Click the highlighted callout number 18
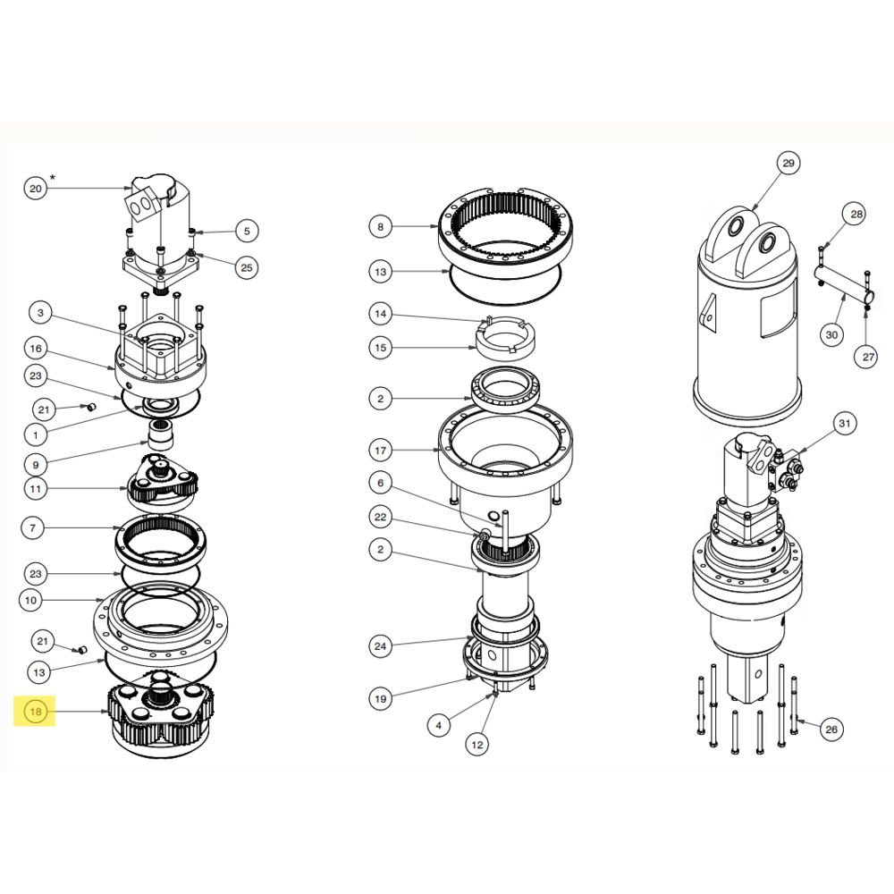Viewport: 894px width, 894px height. point(35,712)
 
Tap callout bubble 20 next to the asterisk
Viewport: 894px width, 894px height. point(35,189)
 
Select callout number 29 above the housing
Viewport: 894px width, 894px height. point(788,164)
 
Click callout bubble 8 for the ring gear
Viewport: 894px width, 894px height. point(380,227)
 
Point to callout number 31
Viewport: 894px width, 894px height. point(845,422)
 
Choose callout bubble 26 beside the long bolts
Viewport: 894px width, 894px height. point(831,730)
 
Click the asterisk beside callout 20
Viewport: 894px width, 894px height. point(53,178)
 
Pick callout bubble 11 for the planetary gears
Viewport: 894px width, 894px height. point(35,488)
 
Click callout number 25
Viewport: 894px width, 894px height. point(246,266)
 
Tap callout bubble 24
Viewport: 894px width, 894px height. point(380,645)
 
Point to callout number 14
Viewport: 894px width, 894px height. point(380,314)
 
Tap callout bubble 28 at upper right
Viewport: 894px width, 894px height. point(856,215)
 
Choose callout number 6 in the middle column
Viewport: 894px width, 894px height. point(380,483)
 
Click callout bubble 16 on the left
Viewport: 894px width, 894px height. point(35,348)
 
